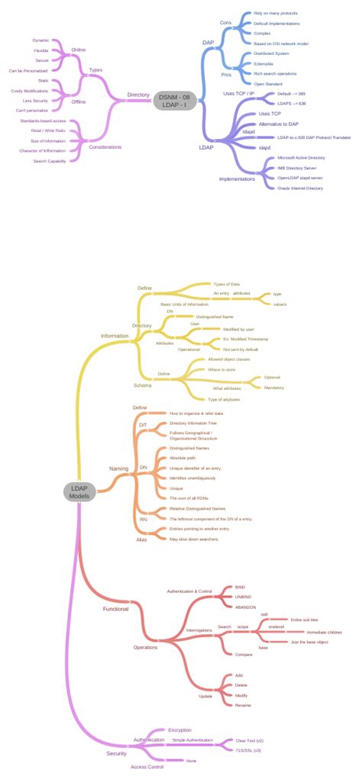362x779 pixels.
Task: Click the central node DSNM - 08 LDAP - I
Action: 175,100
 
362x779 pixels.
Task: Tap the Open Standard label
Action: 269,83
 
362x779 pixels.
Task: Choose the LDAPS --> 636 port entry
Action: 292,103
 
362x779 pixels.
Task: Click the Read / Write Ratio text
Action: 48,130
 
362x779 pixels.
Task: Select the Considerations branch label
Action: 105,146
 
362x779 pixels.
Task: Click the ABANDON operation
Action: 245,606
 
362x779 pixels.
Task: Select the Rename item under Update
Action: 243,705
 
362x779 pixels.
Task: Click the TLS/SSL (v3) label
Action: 248,751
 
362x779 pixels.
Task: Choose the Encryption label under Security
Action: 180,730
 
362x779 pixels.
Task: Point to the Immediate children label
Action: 324,632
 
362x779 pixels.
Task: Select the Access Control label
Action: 147,766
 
